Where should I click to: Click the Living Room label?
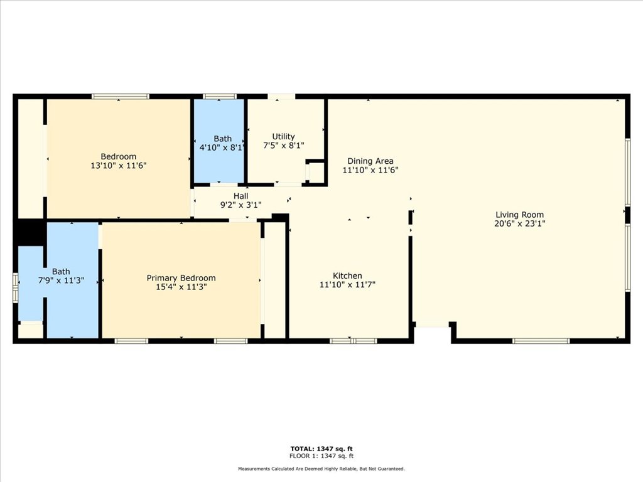(519, 215)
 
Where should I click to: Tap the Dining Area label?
(370, 161)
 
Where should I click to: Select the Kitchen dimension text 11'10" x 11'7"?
(347, 285)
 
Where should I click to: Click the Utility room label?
(283, 136)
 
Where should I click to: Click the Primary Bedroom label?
(181, 278)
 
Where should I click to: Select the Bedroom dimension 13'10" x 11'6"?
(119, 166)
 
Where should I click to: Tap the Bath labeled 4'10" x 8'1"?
(222, 139)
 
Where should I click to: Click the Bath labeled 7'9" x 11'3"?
(61, 272)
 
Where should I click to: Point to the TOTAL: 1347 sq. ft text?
(321, 449)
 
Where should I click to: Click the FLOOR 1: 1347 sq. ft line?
(321, 456)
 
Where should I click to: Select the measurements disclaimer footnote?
(321, 469)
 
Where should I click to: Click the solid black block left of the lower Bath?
(30, 232)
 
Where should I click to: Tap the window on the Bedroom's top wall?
(121, 96)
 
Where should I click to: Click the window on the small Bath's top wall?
(220, 96)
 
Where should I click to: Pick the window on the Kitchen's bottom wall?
(354, 341)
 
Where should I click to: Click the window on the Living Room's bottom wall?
(541, 341)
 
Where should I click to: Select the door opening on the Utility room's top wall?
(281, 96)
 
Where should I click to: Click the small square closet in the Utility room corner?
(315, 172)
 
